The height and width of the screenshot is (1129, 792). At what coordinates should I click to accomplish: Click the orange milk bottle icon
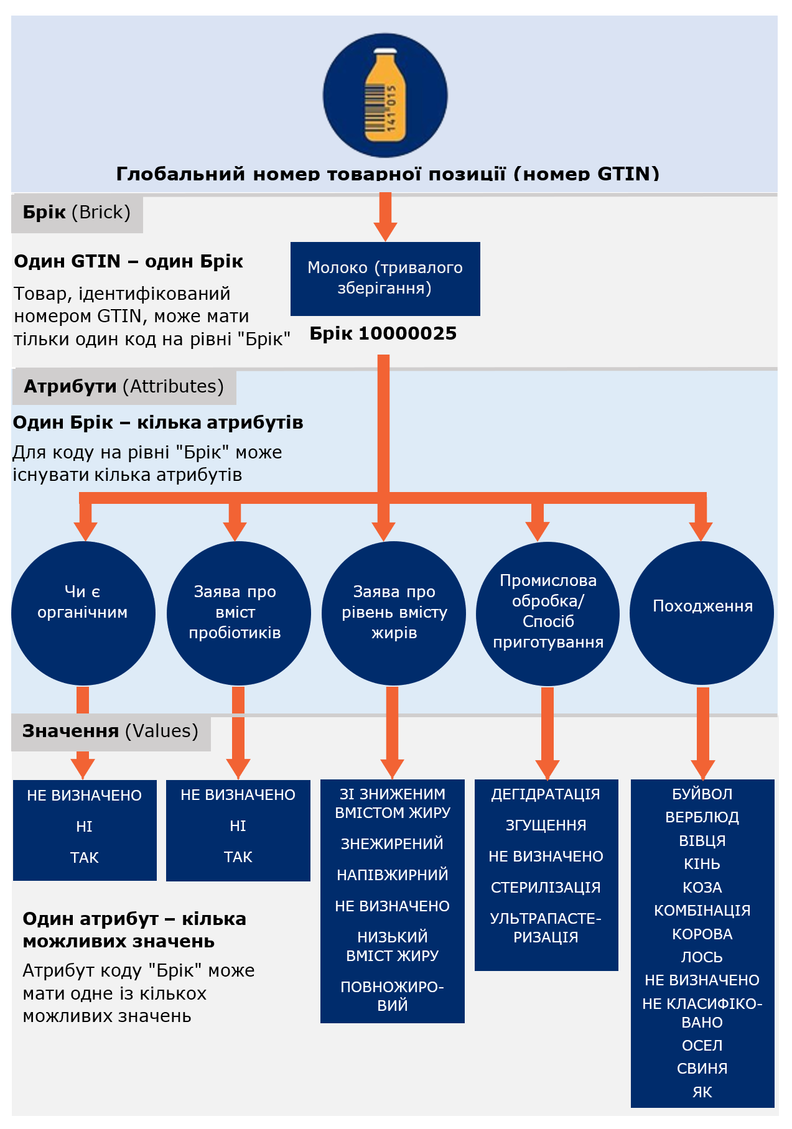coord(385,95)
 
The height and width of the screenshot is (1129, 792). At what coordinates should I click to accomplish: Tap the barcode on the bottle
coord(375,106)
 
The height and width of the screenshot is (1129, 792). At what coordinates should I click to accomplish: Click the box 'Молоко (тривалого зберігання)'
coord(385,279)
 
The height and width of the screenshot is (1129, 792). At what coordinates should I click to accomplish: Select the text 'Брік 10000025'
coord(383,333)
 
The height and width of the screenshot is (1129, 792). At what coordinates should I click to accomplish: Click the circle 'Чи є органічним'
coord(83,613)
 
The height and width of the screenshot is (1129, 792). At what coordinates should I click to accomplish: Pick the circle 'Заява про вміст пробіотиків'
coord(238,613)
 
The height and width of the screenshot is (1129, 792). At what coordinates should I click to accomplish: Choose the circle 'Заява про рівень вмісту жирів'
coord(393,613)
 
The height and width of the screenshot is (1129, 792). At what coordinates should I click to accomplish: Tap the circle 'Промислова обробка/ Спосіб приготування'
coord(547,613)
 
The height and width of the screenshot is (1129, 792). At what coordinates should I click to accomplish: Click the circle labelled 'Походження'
coord(702,613)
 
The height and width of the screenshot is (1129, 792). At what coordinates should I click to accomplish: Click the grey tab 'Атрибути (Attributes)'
coord(124,387)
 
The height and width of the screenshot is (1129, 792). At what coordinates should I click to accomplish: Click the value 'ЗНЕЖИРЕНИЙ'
coord(392,844)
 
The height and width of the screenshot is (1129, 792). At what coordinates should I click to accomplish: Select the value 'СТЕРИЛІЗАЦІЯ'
coord(546,888)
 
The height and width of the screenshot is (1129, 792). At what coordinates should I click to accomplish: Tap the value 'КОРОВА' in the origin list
coord(702,934)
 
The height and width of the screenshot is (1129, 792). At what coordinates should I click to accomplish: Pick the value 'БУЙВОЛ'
coord(702,794)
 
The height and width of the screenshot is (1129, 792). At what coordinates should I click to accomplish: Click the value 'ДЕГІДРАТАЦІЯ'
coord(546,794)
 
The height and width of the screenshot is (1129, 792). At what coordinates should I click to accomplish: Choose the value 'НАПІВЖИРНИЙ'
coord(392,875)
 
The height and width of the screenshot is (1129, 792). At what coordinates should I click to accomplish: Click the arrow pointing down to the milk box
coord(385,216)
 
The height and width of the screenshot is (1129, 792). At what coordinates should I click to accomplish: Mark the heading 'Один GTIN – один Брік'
coord(129,261)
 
